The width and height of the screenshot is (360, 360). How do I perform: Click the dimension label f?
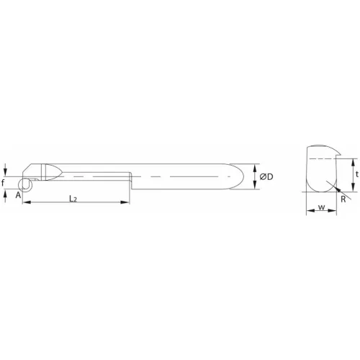point(6,182)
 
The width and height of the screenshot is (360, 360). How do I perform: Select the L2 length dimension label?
point(73,197)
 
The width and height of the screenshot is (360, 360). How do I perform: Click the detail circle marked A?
point(25,185)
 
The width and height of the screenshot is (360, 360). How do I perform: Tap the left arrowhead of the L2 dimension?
point(26,204)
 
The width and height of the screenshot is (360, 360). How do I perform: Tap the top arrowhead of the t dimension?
point(354,161)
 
